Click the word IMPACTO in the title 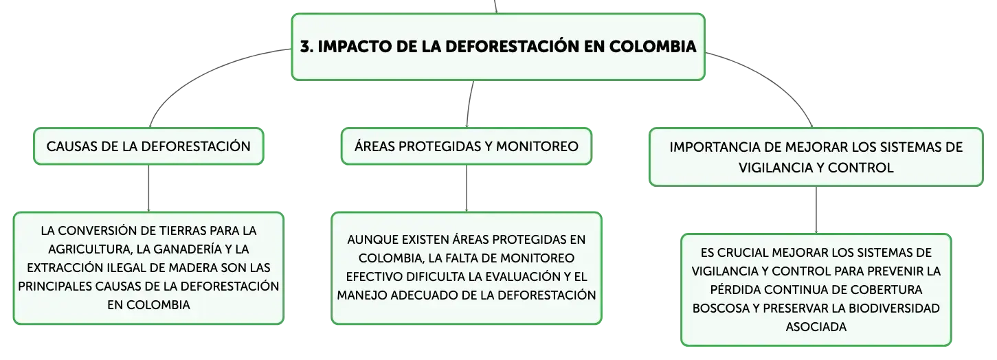tap(355, 46)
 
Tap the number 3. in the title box tap(306, 46)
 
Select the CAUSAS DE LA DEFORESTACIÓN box tap(148, 146)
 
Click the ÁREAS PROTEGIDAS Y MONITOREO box tap(467, 146)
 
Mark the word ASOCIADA tap(816, 327)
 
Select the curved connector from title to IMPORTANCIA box tap(774, 80)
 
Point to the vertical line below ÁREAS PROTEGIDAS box tap(467, 188)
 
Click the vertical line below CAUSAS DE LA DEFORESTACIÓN tap(148, 188)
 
